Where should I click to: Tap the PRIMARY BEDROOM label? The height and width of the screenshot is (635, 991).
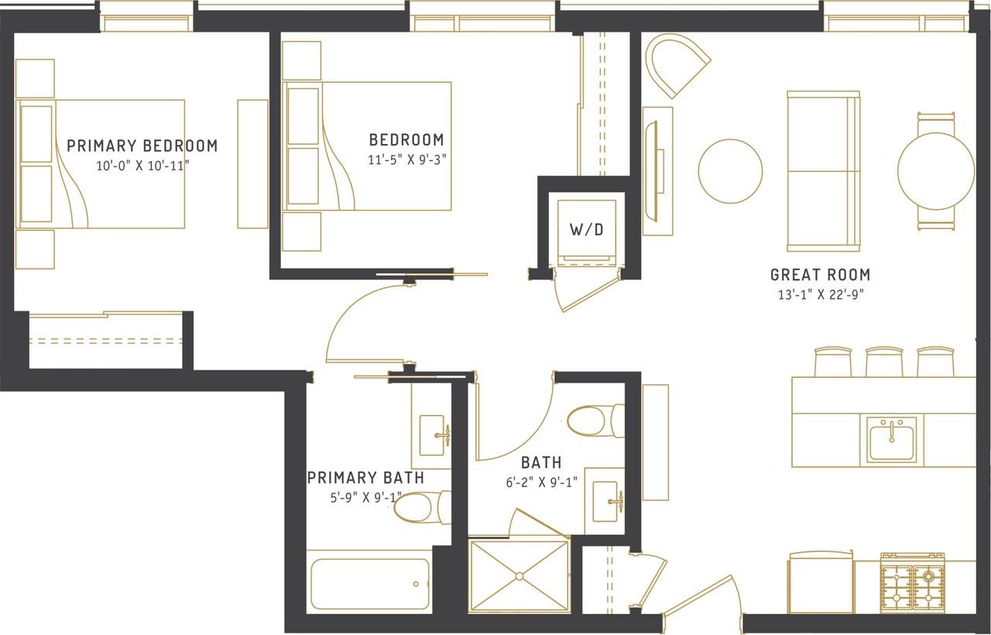142,146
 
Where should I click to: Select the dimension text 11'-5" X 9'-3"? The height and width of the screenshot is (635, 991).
406,159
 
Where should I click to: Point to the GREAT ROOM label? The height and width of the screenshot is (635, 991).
820,275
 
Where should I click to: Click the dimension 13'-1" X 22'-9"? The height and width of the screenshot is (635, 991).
820,295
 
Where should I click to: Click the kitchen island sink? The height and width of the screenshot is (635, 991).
892,440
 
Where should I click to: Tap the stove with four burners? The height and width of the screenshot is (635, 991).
912,582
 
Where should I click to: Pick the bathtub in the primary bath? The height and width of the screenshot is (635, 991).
369,583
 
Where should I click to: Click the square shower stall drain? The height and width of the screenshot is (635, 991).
519,575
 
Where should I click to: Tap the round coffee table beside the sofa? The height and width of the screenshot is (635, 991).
730,171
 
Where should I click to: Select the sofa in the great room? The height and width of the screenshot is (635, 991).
823,171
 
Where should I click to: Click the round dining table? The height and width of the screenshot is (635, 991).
936,171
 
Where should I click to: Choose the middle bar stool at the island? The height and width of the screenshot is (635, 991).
884,362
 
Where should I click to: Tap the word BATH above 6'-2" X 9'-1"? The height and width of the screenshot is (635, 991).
541,463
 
